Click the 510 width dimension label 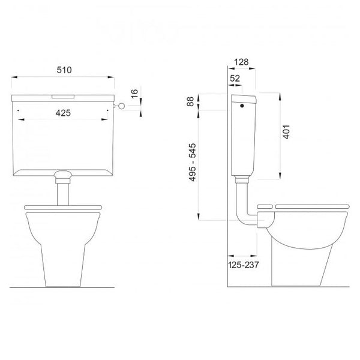click(64, 70)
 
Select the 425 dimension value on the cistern click(64, 112)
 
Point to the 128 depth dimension click(242, 61)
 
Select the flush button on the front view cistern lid click(64, 95)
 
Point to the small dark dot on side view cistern click(242, 107)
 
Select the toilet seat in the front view click(64, 208)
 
